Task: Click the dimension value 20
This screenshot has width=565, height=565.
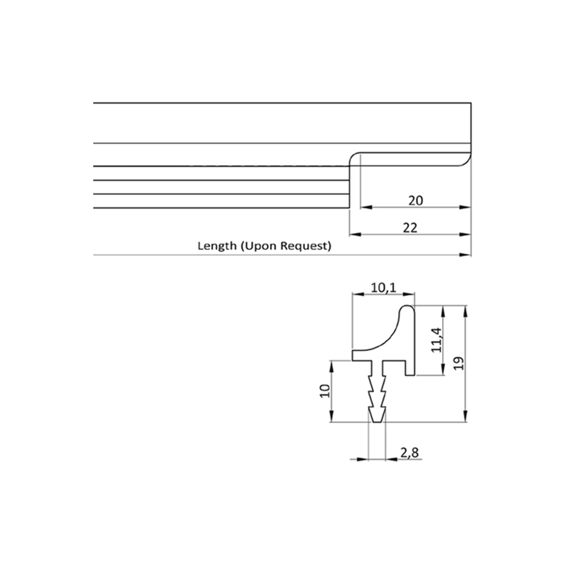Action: (x=416, y=201)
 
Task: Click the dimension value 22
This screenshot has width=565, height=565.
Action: (x=410, y=228)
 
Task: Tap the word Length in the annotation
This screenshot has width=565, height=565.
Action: (x=217, y=246)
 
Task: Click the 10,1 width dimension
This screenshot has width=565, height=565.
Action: (x=383, y=288)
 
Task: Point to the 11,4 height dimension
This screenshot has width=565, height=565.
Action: (x=437, y=340)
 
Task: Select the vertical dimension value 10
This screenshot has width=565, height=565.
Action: (x=325, y=391)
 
